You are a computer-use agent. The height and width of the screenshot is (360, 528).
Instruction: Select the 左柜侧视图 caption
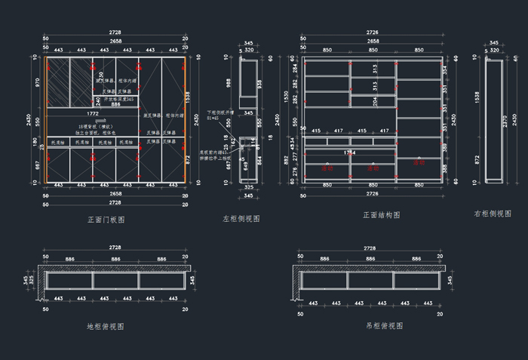tap(241, 218)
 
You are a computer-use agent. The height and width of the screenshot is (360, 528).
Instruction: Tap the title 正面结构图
tap(382, 215)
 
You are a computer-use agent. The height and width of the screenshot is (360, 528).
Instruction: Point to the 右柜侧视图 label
tap(493, 214)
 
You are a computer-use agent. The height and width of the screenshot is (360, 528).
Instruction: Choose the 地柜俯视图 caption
tap(106, 327)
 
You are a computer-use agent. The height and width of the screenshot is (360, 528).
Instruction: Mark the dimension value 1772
tap(93, 113)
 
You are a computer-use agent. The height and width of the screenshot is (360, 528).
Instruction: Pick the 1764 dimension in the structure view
tap(350, 152)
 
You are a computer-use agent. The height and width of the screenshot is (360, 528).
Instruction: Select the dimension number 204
tap(374, 100)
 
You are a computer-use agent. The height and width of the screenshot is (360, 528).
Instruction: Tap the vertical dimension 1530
tap(285, 98)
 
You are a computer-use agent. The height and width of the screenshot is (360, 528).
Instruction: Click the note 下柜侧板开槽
tap(222, 112)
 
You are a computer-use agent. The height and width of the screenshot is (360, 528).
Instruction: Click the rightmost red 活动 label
tap(419, 162)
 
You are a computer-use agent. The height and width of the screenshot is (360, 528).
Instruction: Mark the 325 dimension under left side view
tap(248, 186)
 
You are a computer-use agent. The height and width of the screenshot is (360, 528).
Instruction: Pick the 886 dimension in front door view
tap(116, 104)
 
